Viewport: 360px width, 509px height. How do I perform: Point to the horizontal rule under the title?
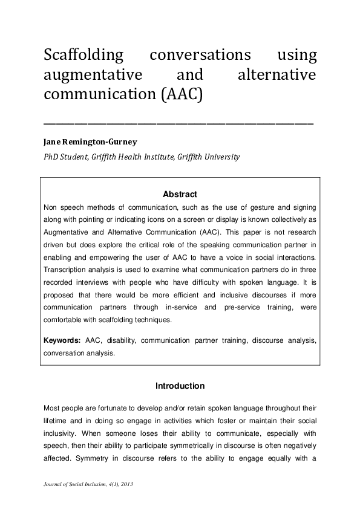[179, 123]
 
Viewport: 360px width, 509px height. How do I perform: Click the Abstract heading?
[180, 195]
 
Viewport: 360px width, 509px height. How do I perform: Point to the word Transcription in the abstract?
[67, 270]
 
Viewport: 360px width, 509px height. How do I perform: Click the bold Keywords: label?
[64, 340]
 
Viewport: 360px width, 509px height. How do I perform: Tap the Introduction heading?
[180, 386]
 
